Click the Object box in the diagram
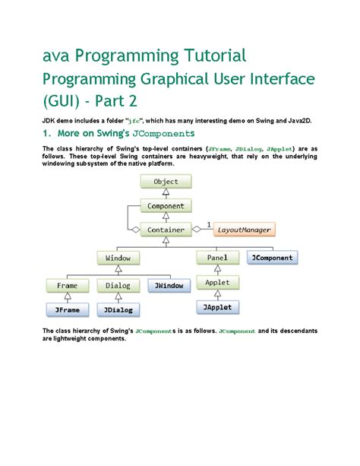(166, 182)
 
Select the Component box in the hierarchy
(166, 205)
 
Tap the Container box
(166, 229)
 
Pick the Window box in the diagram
(118, 258)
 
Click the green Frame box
(68, 286)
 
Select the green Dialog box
(118, 286)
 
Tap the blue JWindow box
(169, 286)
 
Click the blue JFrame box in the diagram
(68, 310)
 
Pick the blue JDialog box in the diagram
(118, 310)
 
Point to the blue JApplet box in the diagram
(217, 306)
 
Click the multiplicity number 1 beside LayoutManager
(208, 224)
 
